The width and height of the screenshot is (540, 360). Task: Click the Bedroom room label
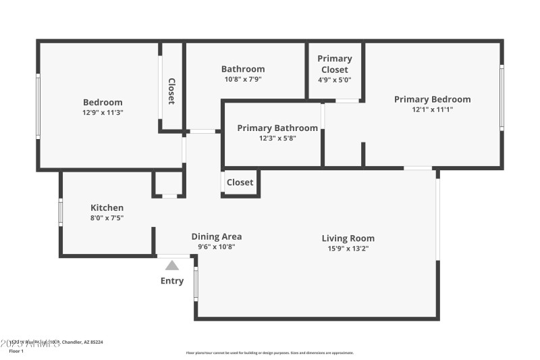tap(103, 102)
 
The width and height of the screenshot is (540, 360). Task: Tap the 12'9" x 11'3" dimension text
tap(103, 113)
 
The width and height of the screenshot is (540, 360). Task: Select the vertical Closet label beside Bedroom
tap(171, 91)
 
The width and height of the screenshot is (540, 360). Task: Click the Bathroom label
tap(243, 69)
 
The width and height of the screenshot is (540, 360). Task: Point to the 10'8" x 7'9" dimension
tap(243, 79)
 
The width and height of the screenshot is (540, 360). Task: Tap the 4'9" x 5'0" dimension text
tap(334, 79)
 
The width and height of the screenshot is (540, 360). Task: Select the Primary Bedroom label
tap(432, 99)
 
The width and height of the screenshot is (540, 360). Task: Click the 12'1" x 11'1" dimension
tap(432, 109)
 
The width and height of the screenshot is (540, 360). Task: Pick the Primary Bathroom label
tap(277, 128)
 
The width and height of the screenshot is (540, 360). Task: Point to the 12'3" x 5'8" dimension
tap(277, 138)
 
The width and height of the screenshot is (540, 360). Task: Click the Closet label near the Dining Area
tap(240, 182)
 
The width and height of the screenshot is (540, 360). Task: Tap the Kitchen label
tap(107, 207)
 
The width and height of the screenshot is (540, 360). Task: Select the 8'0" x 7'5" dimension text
tap(107, 217)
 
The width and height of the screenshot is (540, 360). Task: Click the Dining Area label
tap(217, 236)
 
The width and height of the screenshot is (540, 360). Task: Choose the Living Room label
tap(348, 238)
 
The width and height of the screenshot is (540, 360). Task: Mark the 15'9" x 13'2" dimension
tap(348, 248)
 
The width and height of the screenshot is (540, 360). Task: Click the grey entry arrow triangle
tap(172, 265)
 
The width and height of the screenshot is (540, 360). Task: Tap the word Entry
tap(172, 280)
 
